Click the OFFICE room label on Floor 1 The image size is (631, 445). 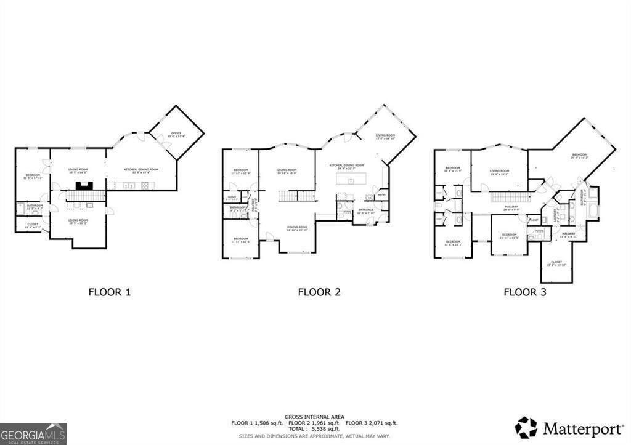(x=176, y=134)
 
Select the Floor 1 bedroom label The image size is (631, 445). (x=33, y=177)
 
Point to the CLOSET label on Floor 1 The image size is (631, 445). (x=32, y=225)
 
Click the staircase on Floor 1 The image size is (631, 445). (x=86, y=196)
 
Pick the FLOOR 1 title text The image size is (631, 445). (x=110, y=292)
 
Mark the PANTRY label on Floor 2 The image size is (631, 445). (x=382, y=195)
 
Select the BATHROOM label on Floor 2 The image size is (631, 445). (x=238, y=209)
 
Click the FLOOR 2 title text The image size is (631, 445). (x=319, y=292)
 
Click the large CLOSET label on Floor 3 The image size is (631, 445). (x=556, y=263)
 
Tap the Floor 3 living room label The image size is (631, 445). (x=499, y=172)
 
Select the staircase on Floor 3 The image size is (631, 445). (x=510, y=197)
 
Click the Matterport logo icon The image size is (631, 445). (x=526, y=427)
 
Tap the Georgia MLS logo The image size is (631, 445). (x=33, y=433)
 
